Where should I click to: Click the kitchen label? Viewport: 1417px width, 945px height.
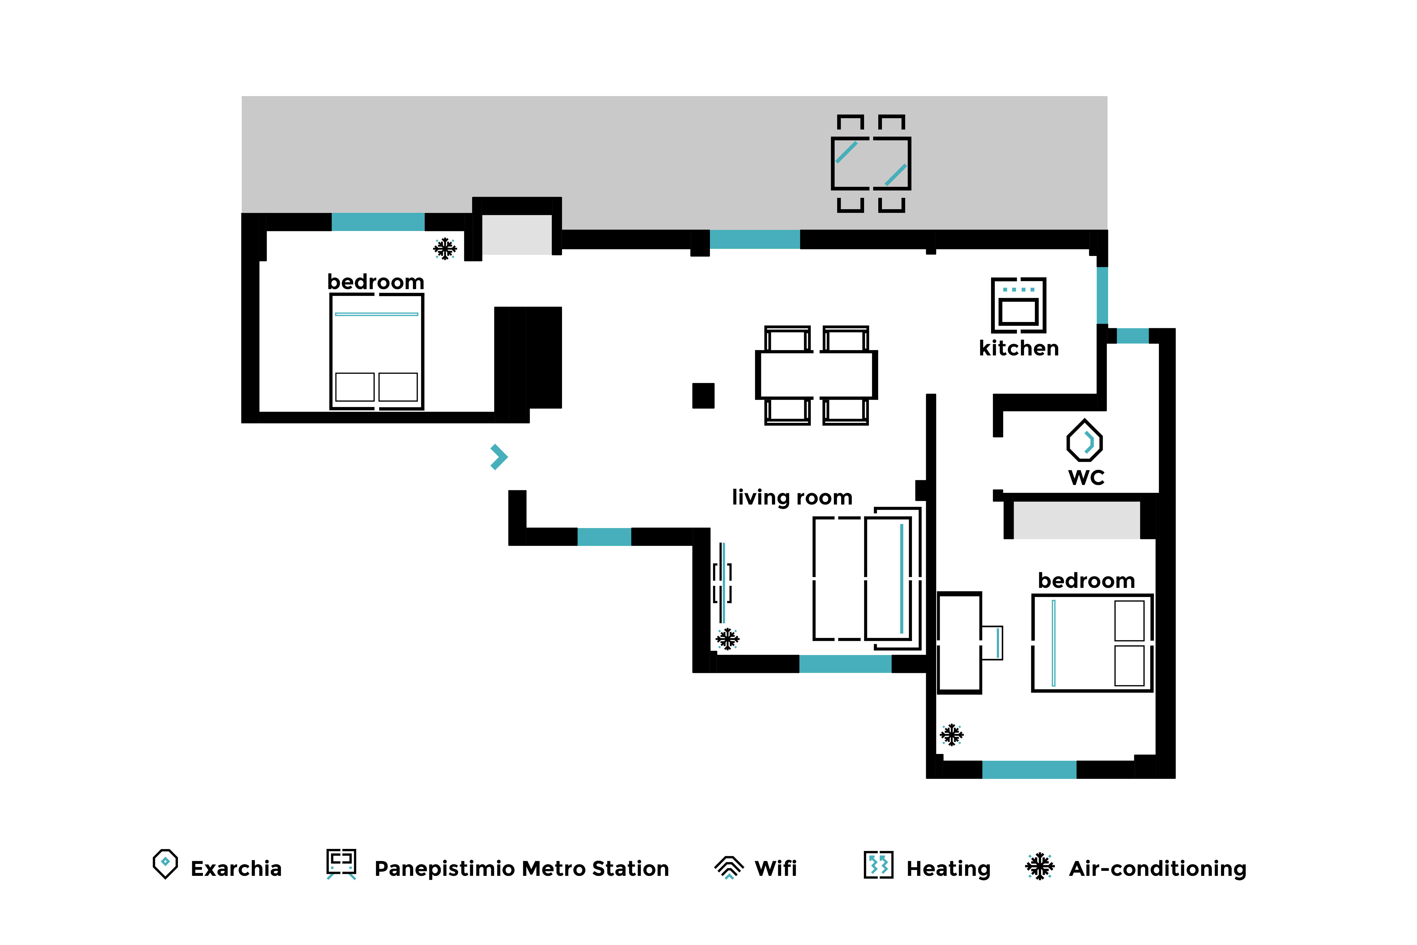coord(1019,348)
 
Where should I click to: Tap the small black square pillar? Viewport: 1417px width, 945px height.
coord(703,395)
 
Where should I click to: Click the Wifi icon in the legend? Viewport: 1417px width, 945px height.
coord(729,868)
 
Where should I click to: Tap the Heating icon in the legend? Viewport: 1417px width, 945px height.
coord(878,865)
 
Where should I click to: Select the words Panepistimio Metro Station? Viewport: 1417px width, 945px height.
coord(522,868)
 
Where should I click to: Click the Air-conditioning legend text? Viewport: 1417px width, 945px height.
coord(1157,868)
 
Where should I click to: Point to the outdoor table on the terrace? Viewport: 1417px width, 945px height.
coord(871,163)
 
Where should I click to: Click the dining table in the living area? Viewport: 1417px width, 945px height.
coord(816,375)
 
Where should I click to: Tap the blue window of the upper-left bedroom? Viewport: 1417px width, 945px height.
coord(378,222)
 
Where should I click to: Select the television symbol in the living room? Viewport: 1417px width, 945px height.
coord(722,583)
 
